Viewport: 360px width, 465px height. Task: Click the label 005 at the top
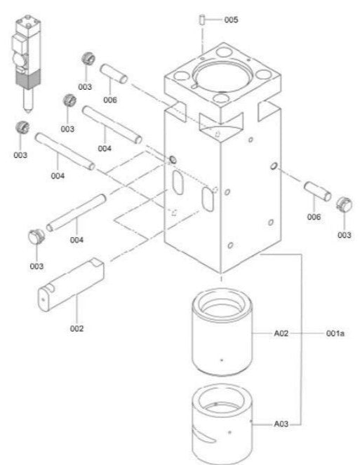[231, 20]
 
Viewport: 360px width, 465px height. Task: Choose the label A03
[281, 424]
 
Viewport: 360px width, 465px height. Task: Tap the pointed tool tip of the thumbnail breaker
[27, 113]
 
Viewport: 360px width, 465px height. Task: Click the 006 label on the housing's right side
[314, 217]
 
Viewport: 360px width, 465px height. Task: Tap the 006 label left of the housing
[109, 100]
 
